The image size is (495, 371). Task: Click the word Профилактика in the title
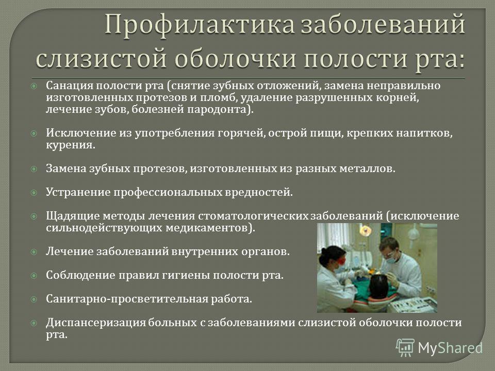tap(200, 25)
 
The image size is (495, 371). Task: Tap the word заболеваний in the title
tap(383, 24)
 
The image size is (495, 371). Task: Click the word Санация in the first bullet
tap(70, 86)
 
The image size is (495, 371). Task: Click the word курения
tap(71, 145)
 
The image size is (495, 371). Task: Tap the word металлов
tap(367, 168)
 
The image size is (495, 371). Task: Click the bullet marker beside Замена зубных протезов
tap(34, 169)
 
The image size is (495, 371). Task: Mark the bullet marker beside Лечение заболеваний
tap(34, 252)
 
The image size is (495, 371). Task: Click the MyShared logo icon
tap(405, 348)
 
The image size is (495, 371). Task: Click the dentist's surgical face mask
tap(390, 259)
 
